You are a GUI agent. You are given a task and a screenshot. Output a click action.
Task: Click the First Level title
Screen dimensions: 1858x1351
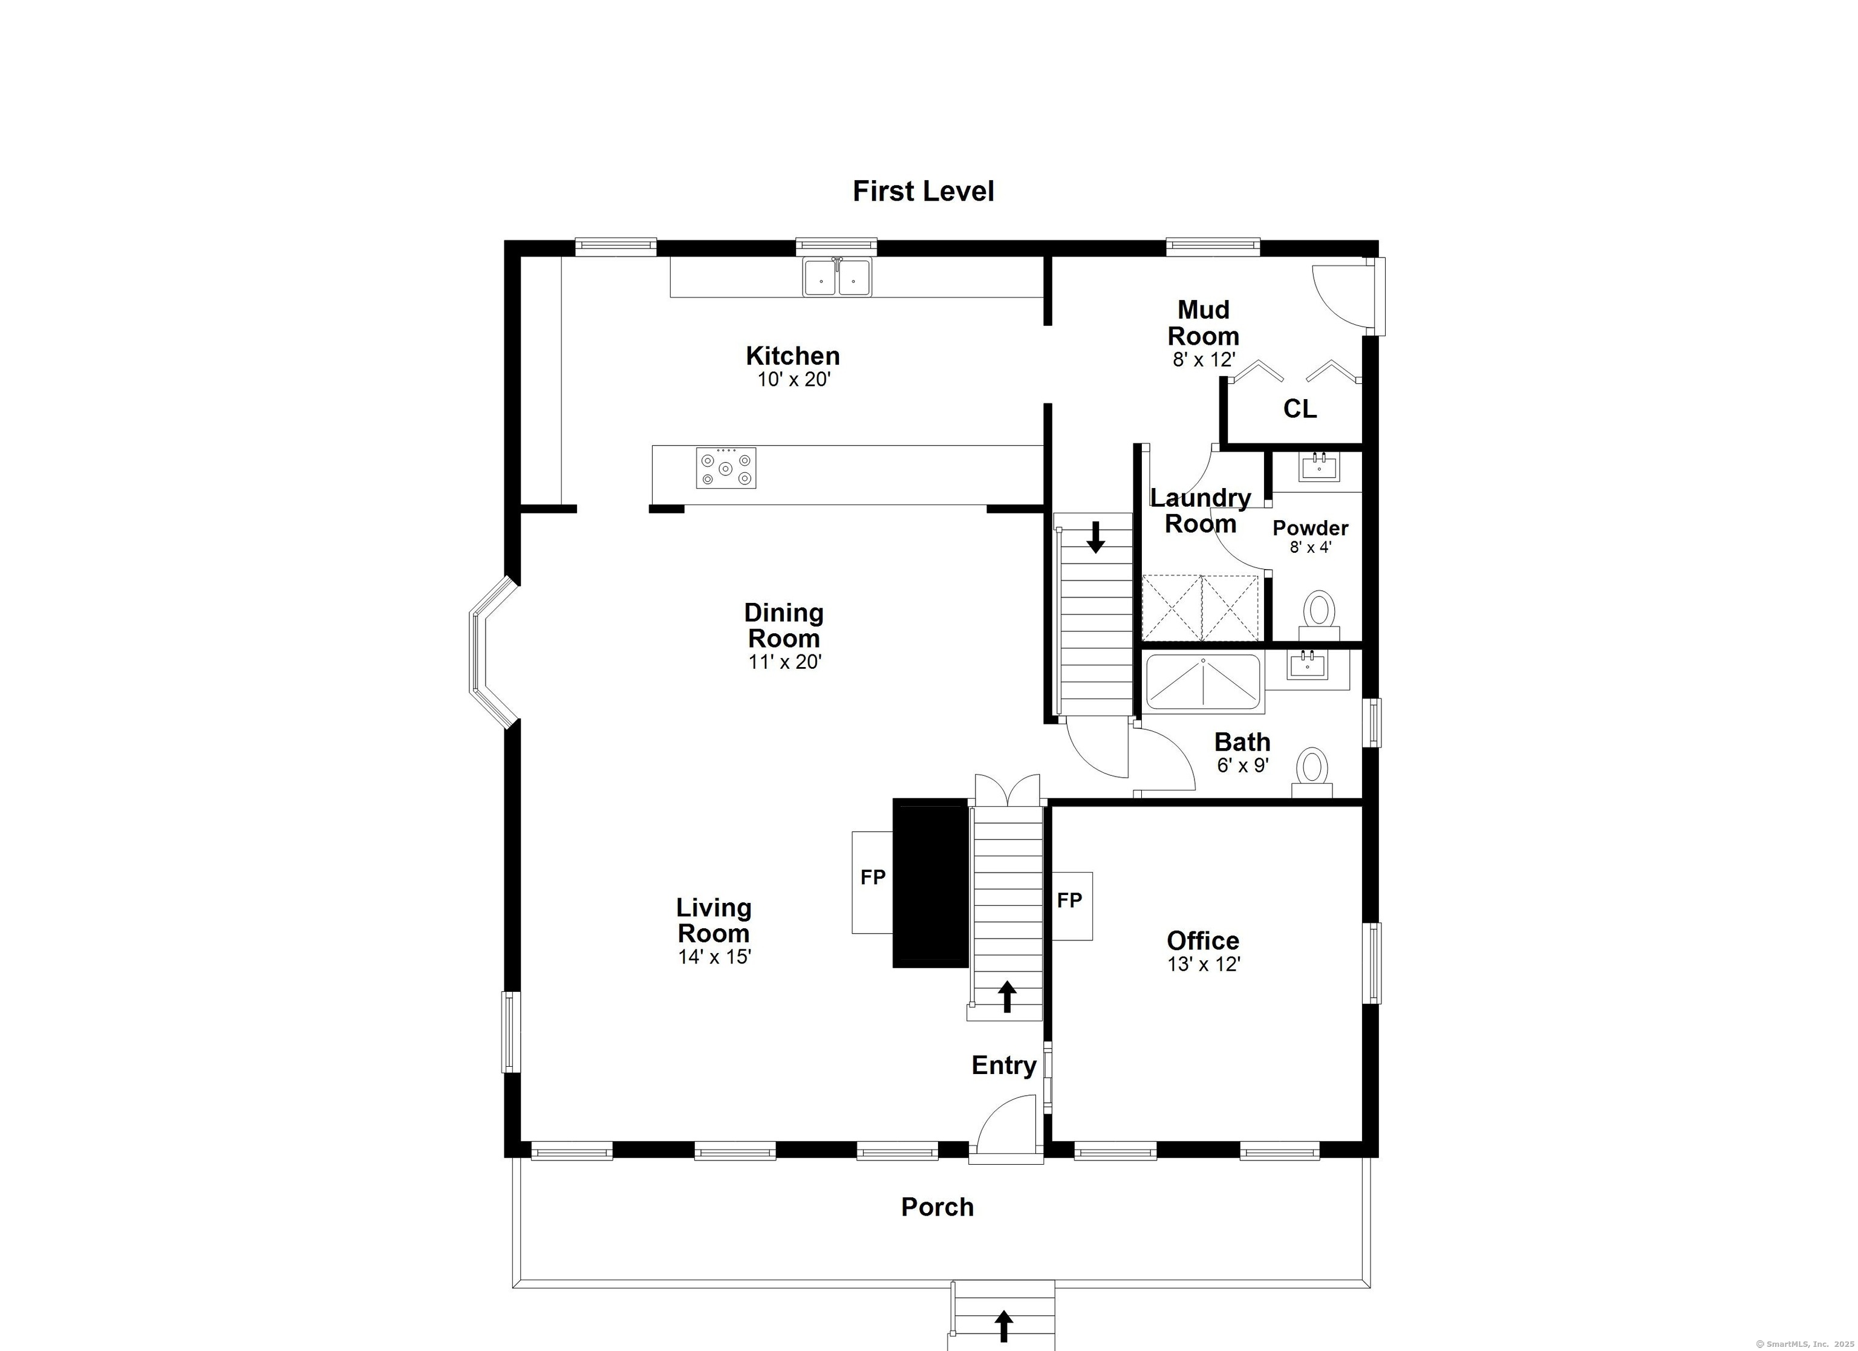(924, 191)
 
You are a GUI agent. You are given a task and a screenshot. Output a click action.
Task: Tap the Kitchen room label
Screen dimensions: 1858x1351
(792, 356)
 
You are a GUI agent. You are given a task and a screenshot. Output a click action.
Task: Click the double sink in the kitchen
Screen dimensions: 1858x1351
(837, 277)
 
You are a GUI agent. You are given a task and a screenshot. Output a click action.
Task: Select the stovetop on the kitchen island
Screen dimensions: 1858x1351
(726, 468)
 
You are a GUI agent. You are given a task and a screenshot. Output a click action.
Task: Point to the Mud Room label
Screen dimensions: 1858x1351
(1202, 323)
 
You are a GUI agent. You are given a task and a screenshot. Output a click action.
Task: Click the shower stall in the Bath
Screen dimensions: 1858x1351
(1202, 682)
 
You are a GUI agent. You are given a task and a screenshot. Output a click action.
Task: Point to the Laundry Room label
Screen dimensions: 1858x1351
(1200, 510)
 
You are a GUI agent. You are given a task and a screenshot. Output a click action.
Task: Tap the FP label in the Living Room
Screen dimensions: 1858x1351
(873, 877)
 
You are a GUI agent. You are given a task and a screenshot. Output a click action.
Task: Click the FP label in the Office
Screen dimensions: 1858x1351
(1069, 900)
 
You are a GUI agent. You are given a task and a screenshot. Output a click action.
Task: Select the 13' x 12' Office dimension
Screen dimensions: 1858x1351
(1204, 965)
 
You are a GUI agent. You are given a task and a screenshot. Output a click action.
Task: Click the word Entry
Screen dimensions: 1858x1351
(1003, 1066)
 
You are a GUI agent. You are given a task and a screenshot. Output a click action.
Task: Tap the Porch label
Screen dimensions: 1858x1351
(937, 1207)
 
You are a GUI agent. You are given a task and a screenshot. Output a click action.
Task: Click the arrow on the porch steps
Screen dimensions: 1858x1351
(1003, 1326)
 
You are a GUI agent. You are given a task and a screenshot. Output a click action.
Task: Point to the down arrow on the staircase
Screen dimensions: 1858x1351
(1095, 538)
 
